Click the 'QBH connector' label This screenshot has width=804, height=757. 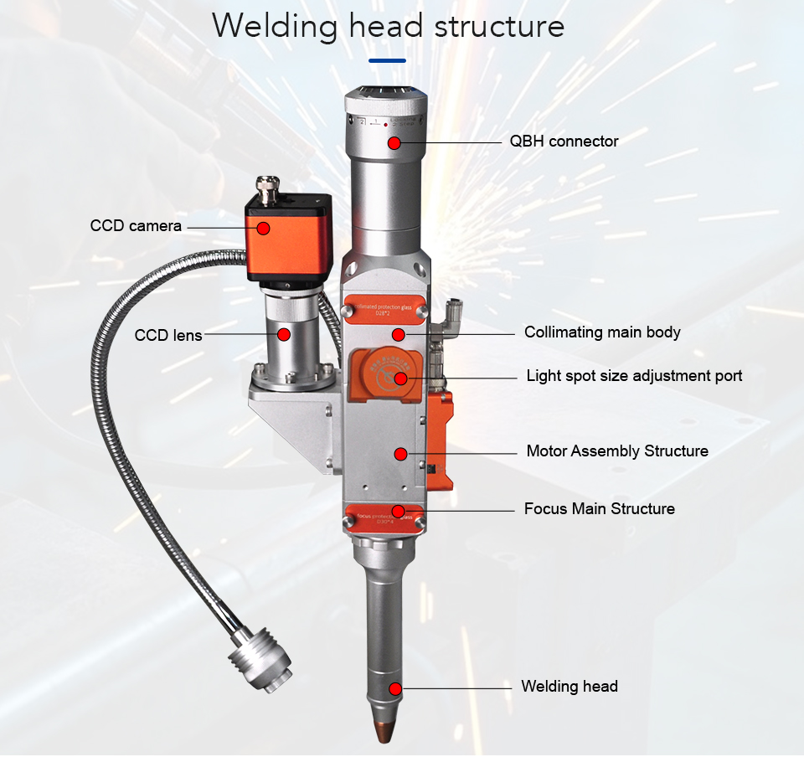coord(564,142)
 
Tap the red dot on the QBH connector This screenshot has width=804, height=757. coord(394,142)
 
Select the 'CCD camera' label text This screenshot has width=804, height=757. coord(136,226)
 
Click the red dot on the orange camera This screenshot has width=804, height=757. coord(263,227)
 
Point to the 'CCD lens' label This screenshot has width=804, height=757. coord(168,335)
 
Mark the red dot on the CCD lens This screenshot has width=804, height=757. coord(284,334)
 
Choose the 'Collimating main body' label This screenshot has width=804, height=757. coord(602,332)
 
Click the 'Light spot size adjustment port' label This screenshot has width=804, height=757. coord(634,375)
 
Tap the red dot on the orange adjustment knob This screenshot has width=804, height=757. coord(400,378)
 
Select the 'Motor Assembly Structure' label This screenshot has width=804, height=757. coord(617,451)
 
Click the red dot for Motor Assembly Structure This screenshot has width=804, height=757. coord(400,454)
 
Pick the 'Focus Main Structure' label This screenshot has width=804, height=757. coord(599,509)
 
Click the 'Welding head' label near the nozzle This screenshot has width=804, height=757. coord(569,687)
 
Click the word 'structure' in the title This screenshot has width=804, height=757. coord(499,26)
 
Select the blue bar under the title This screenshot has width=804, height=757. coord(387,60)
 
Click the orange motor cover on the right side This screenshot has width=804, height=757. coord(441,440)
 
